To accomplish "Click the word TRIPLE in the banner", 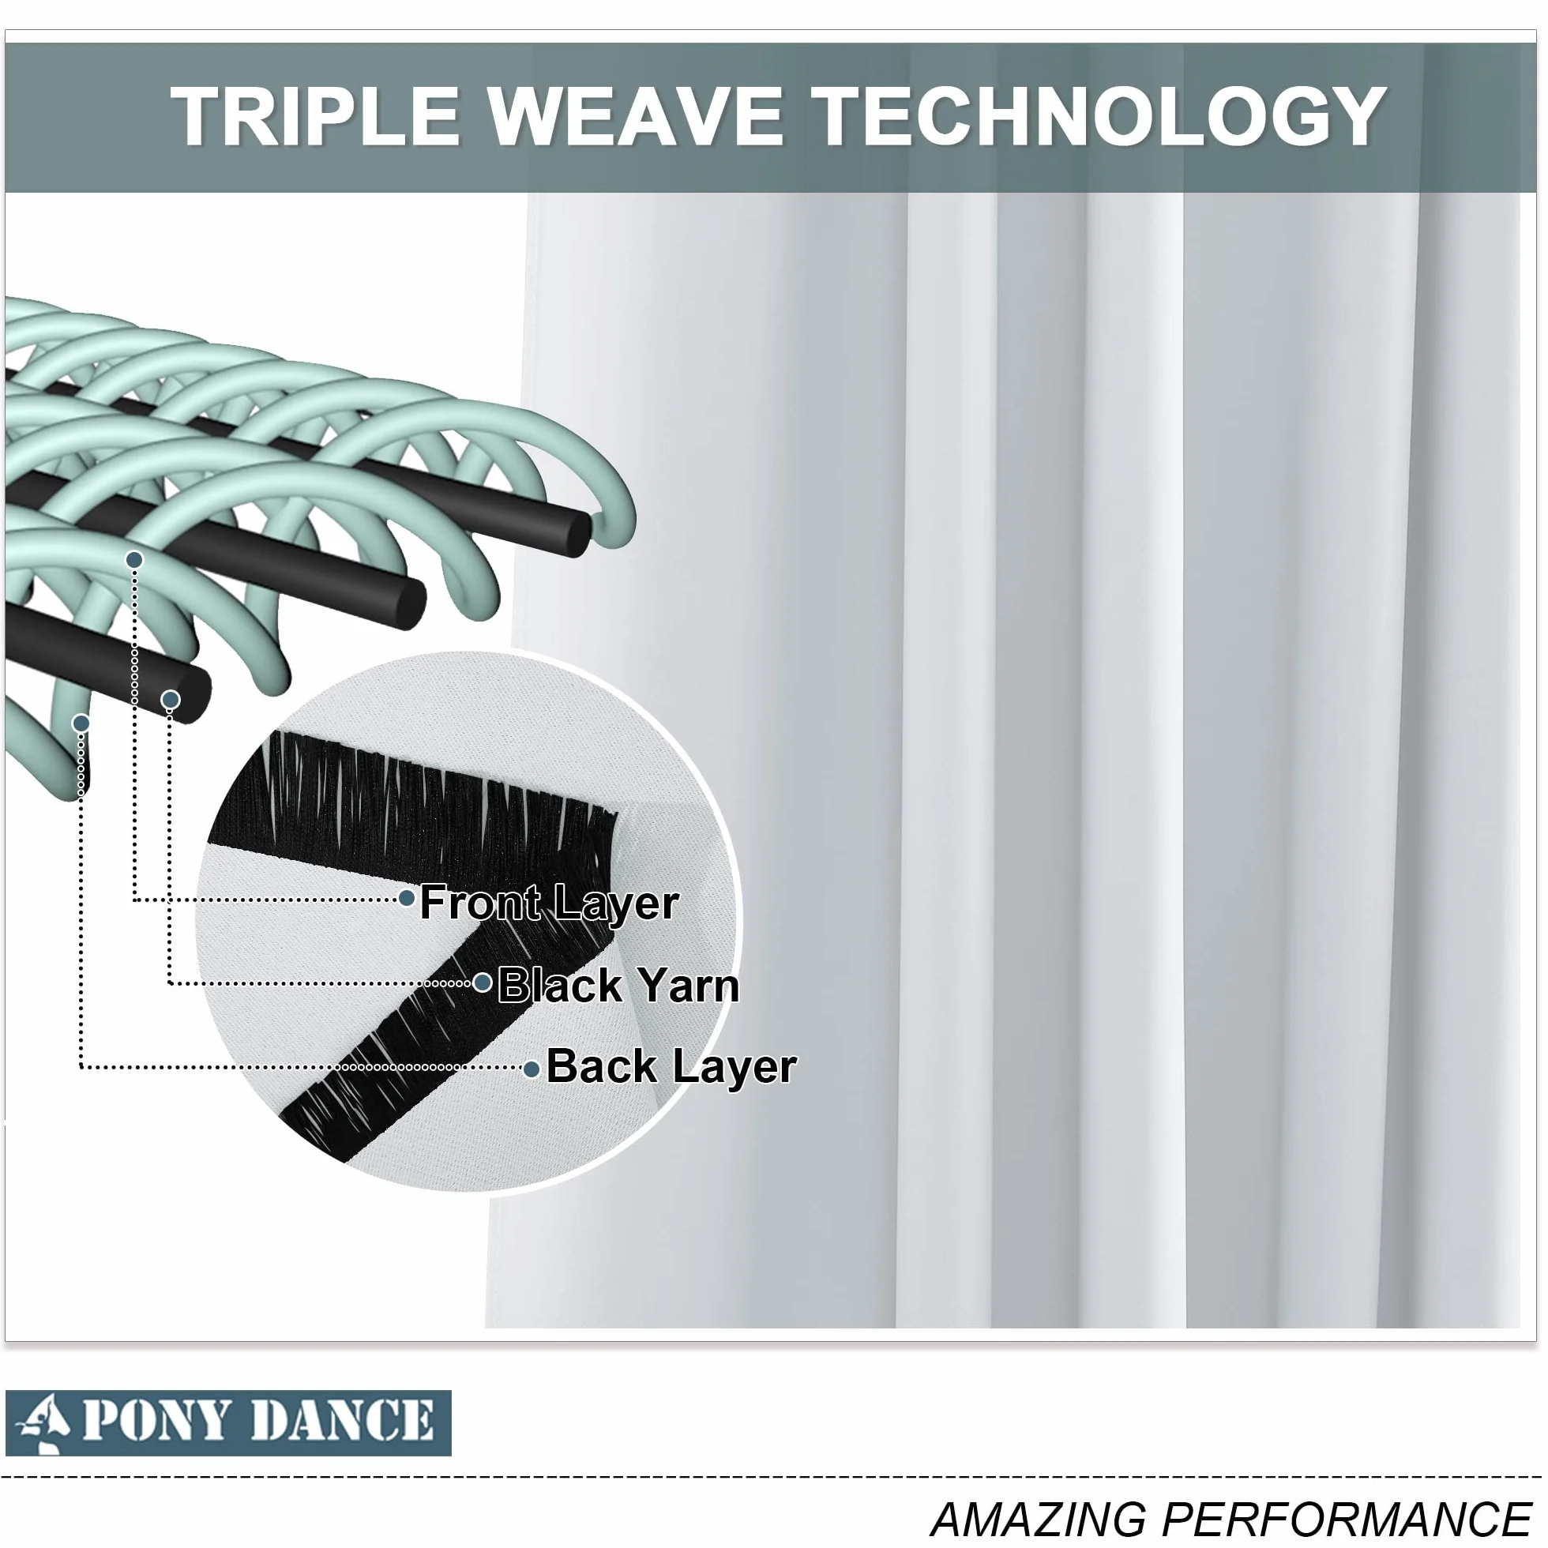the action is tap(315, 116).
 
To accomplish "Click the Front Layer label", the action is tap(550, 903).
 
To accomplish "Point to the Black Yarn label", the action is tap(618, 985).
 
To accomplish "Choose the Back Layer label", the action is tap(671, 1066).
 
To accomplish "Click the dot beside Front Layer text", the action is tap(407, 898).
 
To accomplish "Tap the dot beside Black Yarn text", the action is tap(483, 983).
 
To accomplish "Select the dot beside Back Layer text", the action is tap(532, 1069).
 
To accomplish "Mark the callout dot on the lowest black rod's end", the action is tap(170, 701).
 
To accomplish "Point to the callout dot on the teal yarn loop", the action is tap(134, 559).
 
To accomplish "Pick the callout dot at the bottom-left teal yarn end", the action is tap(81, 723).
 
